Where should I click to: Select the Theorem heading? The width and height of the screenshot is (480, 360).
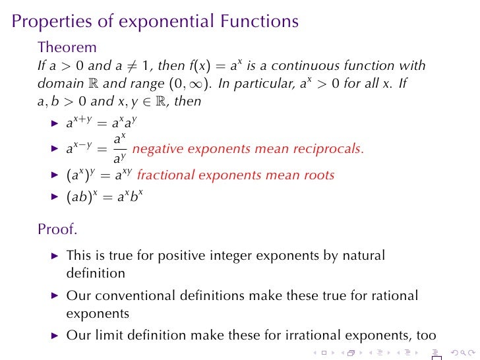67,47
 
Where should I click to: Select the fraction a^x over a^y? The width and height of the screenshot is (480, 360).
119,148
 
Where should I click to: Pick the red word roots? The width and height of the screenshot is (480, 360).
318,175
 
